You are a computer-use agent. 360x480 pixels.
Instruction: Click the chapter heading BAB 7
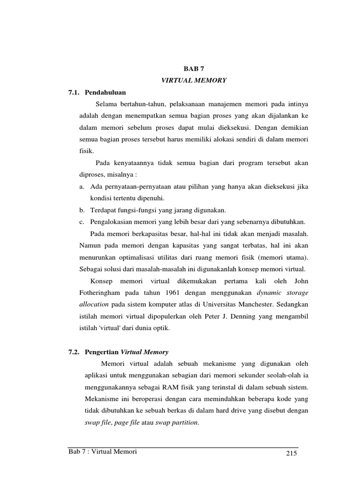tap(194, 68)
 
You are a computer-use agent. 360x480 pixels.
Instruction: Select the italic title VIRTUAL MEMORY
tap(194, 81)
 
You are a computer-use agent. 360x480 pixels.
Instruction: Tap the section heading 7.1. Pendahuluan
tap(97, 92)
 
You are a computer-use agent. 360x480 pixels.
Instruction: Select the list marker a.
tap(82, 187)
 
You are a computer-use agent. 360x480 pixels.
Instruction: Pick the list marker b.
tap(82, 210)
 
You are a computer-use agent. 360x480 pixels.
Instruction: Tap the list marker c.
tap(82, 222)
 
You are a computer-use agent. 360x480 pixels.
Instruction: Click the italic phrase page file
tap(127, 422)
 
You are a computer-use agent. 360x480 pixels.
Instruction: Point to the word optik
tap(159, 328)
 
